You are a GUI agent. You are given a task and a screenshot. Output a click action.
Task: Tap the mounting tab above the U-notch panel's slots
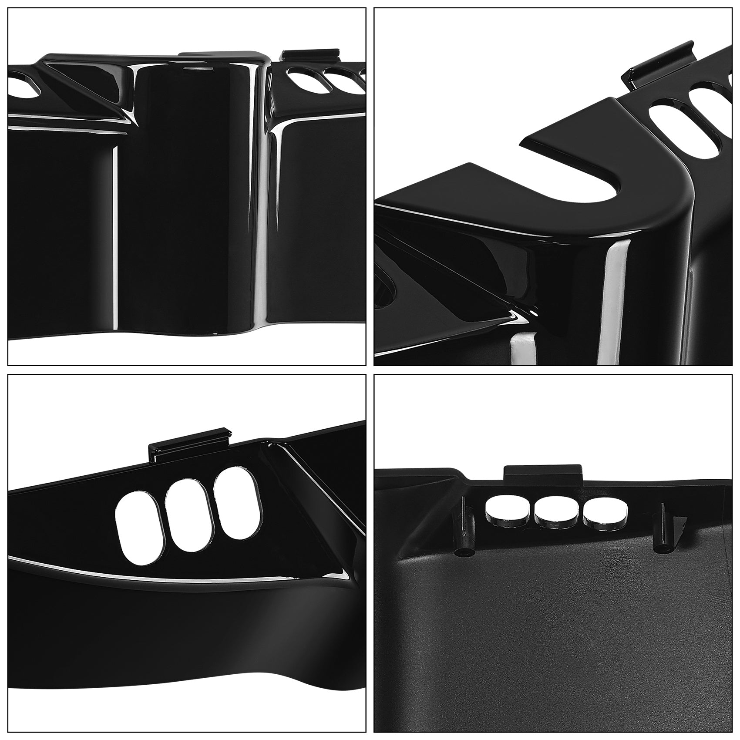657,65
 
